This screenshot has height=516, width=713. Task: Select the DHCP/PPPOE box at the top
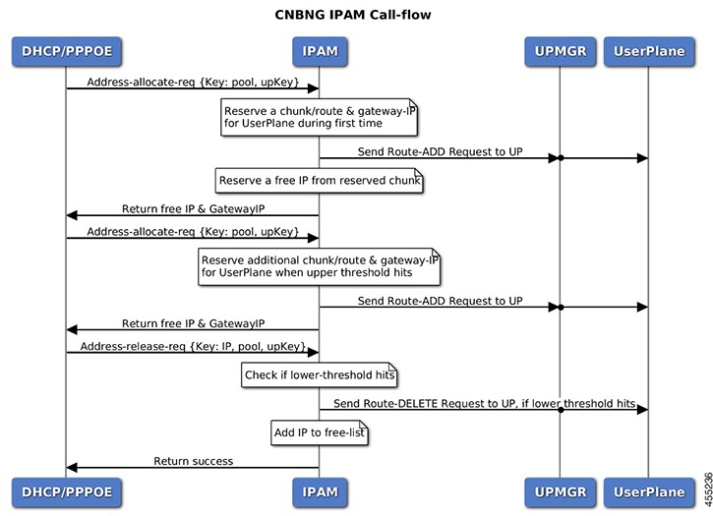click(x=66, y=51)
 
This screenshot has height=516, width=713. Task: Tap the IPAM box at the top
click(x=318, y=51)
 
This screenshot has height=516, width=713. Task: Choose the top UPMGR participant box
click(x=560, y=51)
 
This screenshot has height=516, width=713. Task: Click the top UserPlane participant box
click(x=648, y=51)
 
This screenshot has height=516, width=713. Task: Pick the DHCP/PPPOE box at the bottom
click(x=66, y=491)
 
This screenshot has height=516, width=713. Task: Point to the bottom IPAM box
click(x=318, y=491)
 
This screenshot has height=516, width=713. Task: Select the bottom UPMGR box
click(x=560, y=491)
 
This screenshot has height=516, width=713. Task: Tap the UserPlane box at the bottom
click(x=648, y=491)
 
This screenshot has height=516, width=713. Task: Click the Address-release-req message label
click(x=193, y=347)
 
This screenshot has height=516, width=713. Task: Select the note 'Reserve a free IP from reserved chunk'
click(x=319, y=181)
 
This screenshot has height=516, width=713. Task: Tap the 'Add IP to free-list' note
click(x=319, y=432)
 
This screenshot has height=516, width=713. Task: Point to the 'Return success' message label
click(x=193, y=460)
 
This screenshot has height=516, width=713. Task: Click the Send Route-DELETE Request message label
click(x=484, y=403)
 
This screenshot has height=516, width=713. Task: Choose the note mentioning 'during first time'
click(x=319, y=118)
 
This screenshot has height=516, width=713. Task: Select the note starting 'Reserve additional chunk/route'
click(x=319, y=265)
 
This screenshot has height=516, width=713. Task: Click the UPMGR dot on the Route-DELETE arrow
click(x=560, y=410)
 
